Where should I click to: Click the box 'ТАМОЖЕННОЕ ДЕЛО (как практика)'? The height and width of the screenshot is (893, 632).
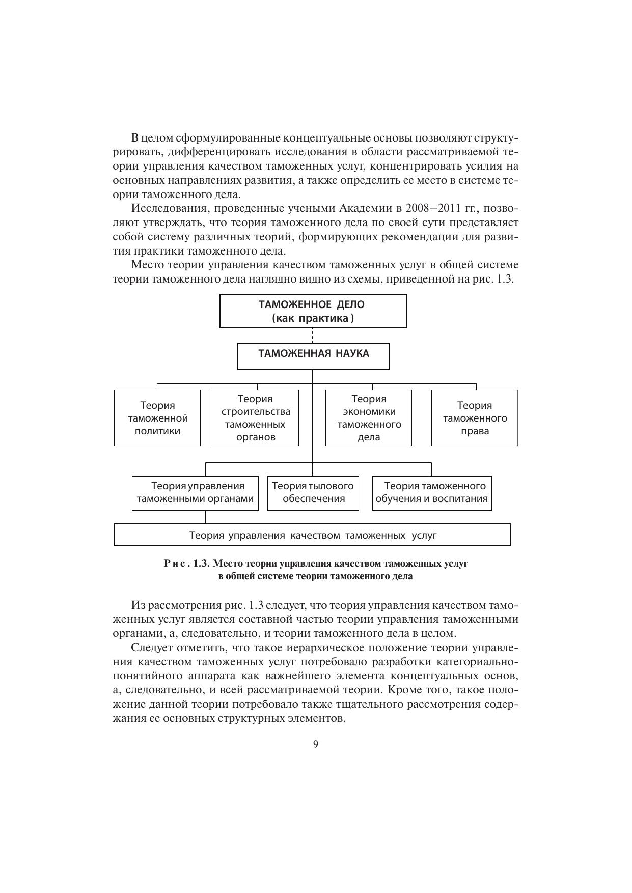[x=313, y=311]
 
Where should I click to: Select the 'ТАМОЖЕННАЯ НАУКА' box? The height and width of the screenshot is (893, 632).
[x=313, y=356]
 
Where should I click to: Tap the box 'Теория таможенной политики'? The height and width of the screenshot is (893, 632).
[x=157, y=418]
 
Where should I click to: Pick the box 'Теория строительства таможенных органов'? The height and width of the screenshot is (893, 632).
[x=255, y=418]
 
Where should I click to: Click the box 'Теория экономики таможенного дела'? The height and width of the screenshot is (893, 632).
[x=368, y=418]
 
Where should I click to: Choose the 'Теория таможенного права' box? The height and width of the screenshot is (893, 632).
[x=474, y=418]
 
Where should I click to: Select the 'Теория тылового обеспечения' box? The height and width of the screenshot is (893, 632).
[x=313, y=493]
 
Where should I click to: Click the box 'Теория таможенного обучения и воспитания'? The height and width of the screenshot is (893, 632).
[x=431, y=493]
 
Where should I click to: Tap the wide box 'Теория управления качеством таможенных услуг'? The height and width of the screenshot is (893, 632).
[x=312, y=535]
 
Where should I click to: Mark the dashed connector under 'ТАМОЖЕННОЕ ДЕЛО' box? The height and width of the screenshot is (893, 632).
[x=313, y=335]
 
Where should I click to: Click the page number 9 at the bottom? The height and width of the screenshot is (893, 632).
[x=316, y=744]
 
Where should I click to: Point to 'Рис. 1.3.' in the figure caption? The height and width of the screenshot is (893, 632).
[x=186, y=564]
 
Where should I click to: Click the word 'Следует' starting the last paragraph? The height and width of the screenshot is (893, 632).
[x=151, y=648]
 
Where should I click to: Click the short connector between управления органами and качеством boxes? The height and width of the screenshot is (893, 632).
[x=206, y=517]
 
